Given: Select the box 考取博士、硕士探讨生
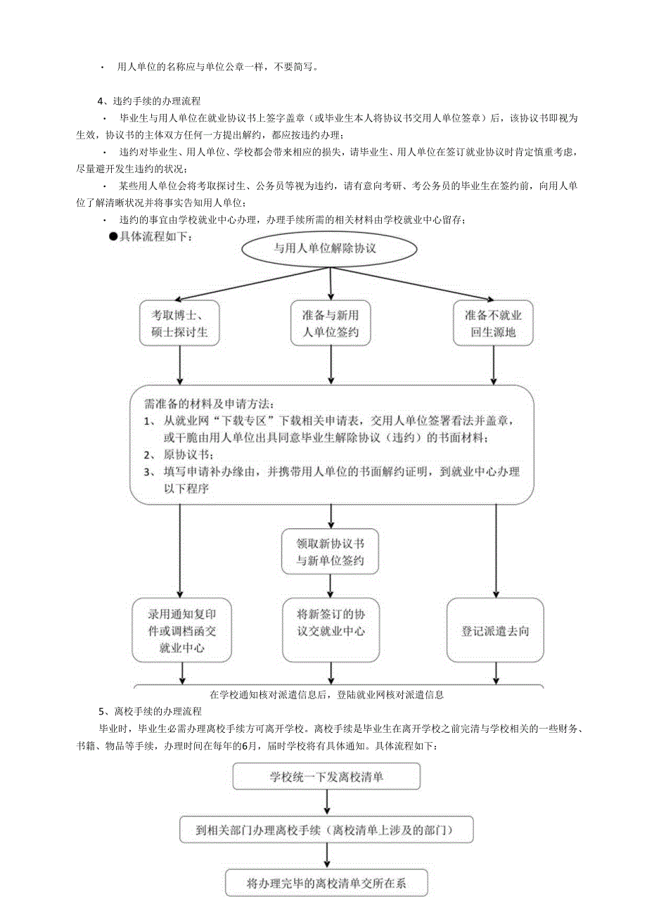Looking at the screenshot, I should [179, 323].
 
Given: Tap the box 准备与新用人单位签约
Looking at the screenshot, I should [330, 323].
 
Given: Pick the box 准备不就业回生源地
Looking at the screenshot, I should [493, 323].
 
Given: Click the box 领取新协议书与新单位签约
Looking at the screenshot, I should [330, 552].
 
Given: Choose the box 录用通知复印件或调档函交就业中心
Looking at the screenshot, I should [181, 630].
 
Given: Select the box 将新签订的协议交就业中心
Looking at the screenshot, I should [331, 622].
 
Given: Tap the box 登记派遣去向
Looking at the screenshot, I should [495, 631].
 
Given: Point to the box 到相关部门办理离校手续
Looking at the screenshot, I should [326, 830].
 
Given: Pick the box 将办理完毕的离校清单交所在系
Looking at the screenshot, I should [326, 883].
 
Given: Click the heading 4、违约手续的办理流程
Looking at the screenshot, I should [149, 101].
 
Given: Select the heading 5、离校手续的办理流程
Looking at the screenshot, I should [149, 713].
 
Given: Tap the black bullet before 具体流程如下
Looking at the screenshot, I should [113, 236].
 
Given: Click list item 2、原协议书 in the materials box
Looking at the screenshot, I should [176, 454].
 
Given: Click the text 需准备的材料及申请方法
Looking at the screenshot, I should [210, 404].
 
